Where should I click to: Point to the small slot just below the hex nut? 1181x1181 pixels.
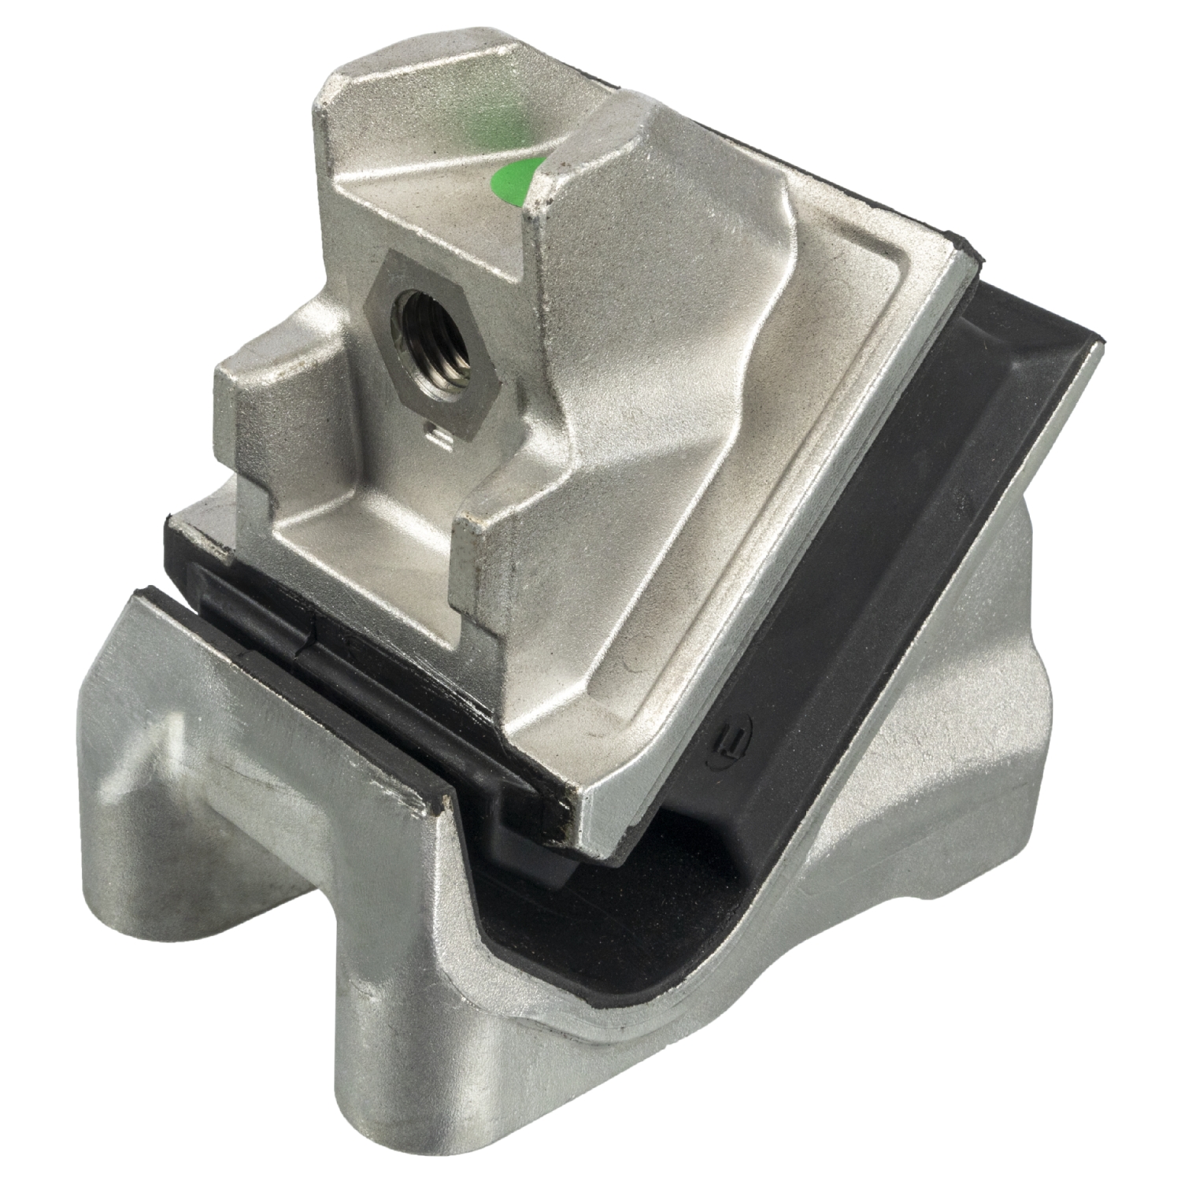coord(439,428)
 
